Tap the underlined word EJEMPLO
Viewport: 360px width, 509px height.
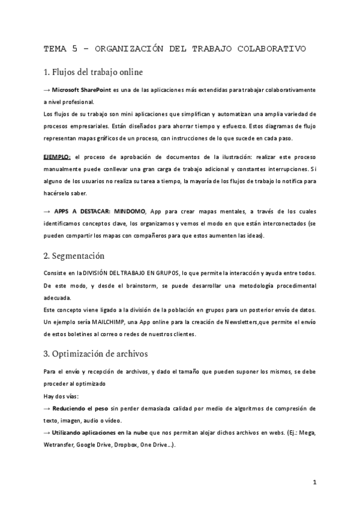(x=57, y=157)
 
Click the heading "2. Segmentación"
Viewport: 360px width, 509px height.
(x=74, y=256)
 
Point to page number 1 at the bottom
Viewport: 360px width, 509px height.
(x=314, y=482)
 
